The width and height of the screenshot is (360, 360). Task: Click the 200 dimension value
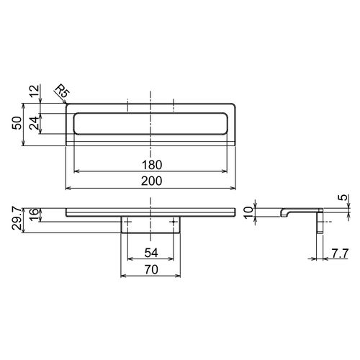tap(151, 181)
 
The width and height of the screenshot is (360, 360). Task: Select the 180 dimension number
tap(152, 165)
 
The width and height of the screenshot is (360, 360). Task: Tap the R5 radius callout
tap(62, 91)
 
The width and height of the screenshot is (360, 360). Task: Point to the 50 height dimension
tap(17, 123)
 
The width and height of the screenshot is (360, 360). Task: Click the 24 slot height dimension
tap(34, 123)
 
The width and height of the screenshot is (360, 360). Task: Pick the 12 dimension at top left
tap(35, 91)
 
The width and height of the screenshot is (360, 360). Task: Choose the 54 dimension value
tap(151, 253)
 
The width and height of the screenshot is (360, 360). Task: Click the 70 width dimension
tap(151, 270)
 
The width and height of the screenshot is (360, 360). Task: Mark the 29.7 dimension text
tap(17, 219)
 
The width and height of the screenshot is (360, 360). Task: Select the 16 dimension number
tap(34, 215)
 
